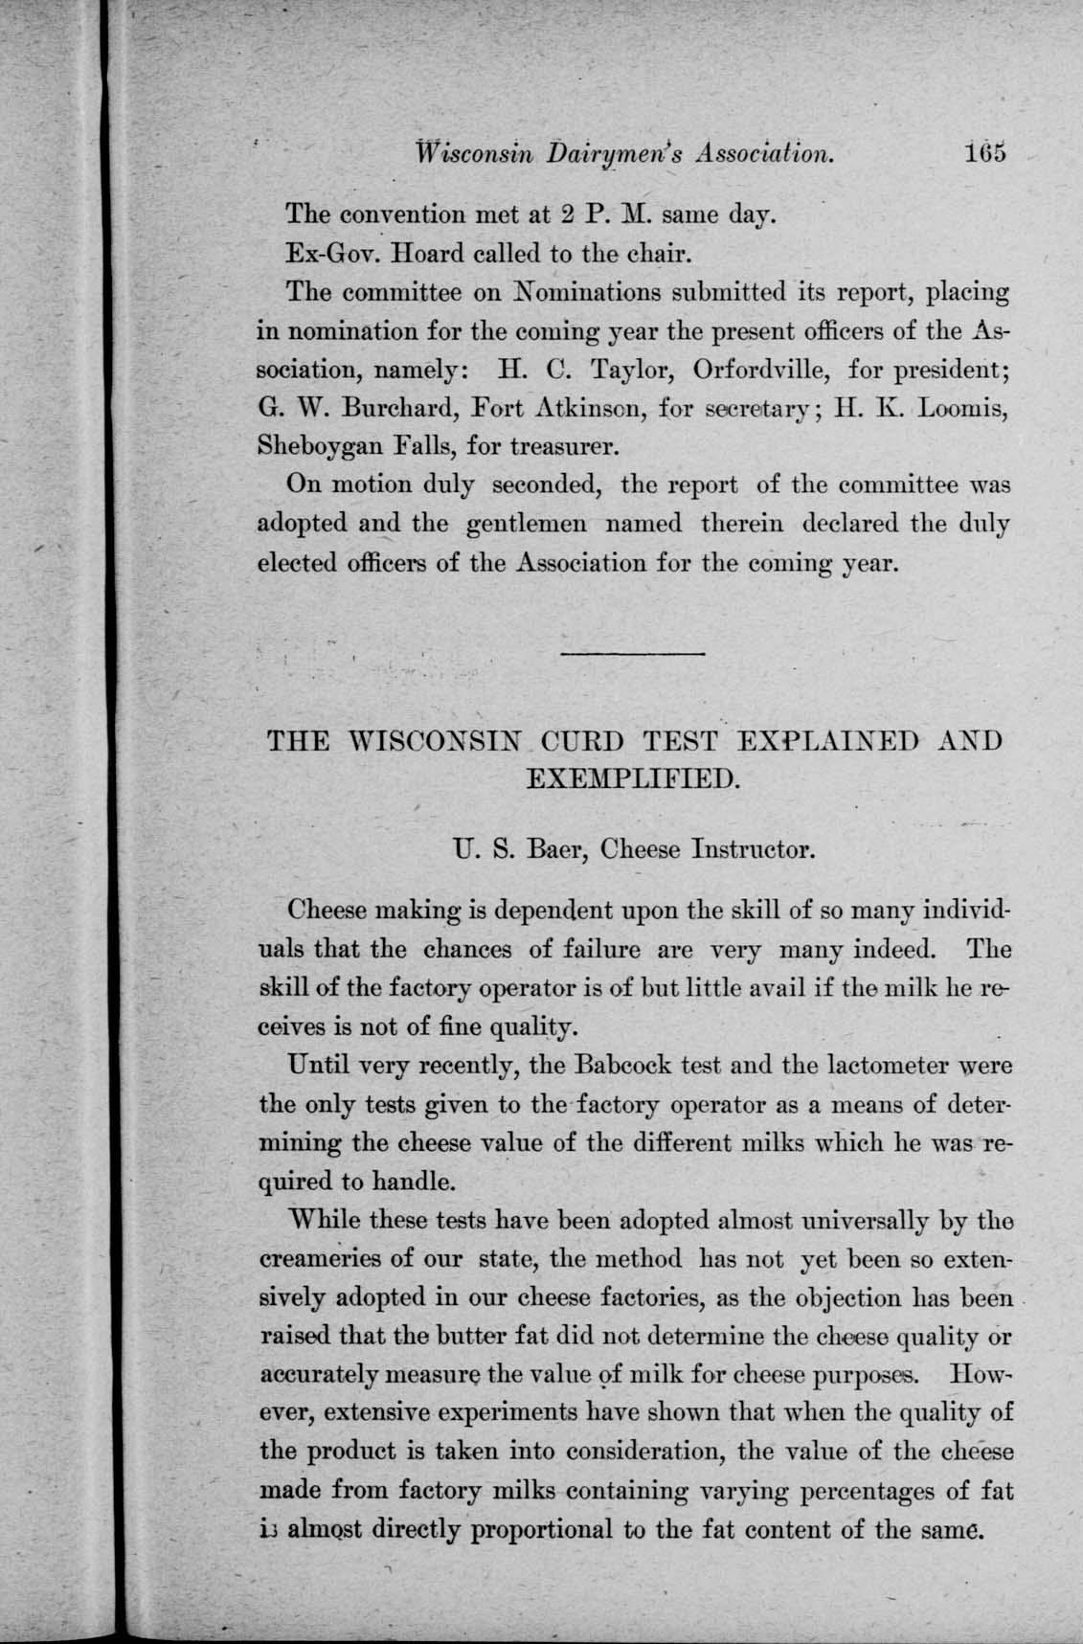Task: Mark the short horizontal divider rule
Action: click(x=632, y=654)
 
